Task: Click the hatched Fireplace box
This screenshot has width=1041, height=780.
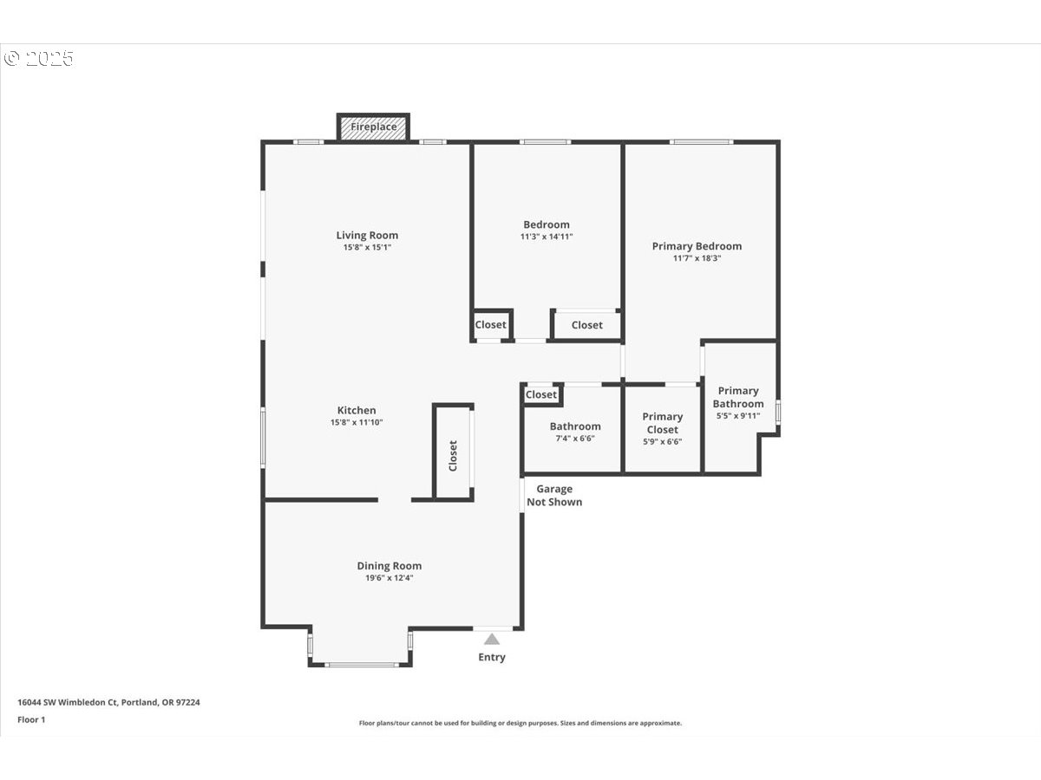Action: pyautogui.click(x=373, y=127)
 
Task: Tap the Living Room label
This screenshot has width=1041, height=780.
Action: pyautogui.click(x=367, y=235)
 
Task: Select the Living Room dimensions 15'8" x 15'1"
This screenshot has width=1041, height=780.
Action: pyautogui.click(x=367, y=248)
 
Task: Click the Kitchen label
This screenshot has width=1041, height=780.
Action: pyautogui.click(x=357, y=410)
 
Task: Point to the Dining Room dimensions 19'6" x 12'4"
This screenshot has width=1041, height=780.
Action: pyautogui.click(x=390, y=578)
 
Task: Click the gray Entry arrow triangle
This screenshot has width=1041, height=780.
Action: pyautogui.click(x=492, y=640)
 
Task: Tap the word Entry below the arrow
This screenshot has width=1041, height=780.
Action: pyautogui.click(x=492, y=657)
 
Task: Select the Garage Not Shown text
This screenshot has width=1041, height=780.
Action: pyautogui.click(x=554, y=496)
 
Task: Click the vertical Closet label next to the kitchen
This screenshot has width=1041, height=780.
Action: pyautogui.click(x=453, y=456)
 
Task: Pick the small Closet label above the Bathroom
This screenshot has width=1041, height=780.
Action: pyautogui.click(x=541, y=394)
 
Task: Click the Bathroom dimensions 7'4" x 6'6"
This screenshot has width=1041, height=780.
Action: pyautogui.click(x=575, y=439)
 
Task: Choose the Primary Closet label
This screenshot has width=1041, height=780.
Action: pyautogui.click(x=663, y=423)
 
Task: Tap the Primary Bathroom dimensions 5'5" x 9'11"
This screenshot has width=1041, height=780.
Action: pyautogui.click(x=738, y=416)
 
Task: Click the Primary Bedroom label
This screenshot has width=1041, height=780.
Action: pyautogui.click(x=697, y=246)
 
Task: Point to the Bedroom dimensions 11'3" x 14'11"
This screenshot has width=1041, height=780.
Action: pyautogui.click(x=547, y=237)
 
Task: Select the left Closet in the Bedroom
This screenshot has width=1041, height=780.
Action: pyautogui.click(x=490, y=325)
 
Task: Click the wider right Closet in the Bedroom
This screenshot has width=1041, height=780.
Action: pyautogui.click(x=586, y=325)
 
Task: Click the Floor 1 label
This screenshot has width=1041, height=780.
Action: pyautogui.click(x=31, y=719)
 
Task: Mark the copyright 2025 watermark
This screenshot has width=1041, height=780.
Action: pyautogui.click(x=39, y=59)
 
